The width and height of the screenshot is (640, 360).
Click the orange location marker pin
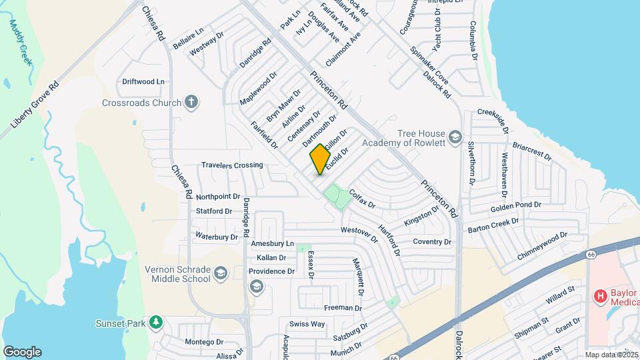(320, 159)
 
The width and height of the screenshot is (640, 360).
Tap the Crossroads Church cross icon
(191, 103)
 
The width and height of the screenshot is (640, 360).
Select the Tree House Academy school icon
(455, 137)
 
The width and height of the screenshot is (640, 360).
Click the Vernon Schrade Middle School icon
(221, 273)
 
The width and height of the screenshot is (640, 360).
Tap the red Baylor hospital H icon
(600, 295)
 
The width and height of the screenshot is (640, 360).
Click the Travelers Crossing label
(232, 165)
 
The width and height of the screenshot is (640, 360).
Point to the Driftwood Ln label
(143, 81)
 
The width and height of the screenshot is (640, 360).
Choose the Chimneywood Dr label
(541, 241)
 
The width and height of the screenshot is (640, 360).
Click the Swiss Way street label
(307, 324)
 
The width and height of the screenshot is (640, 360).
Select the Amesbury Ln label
(271, 244)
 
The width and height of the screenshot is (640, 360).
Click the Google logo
(21, 351)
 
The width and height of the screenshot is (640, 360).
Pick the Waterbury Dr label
(216, 237)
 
